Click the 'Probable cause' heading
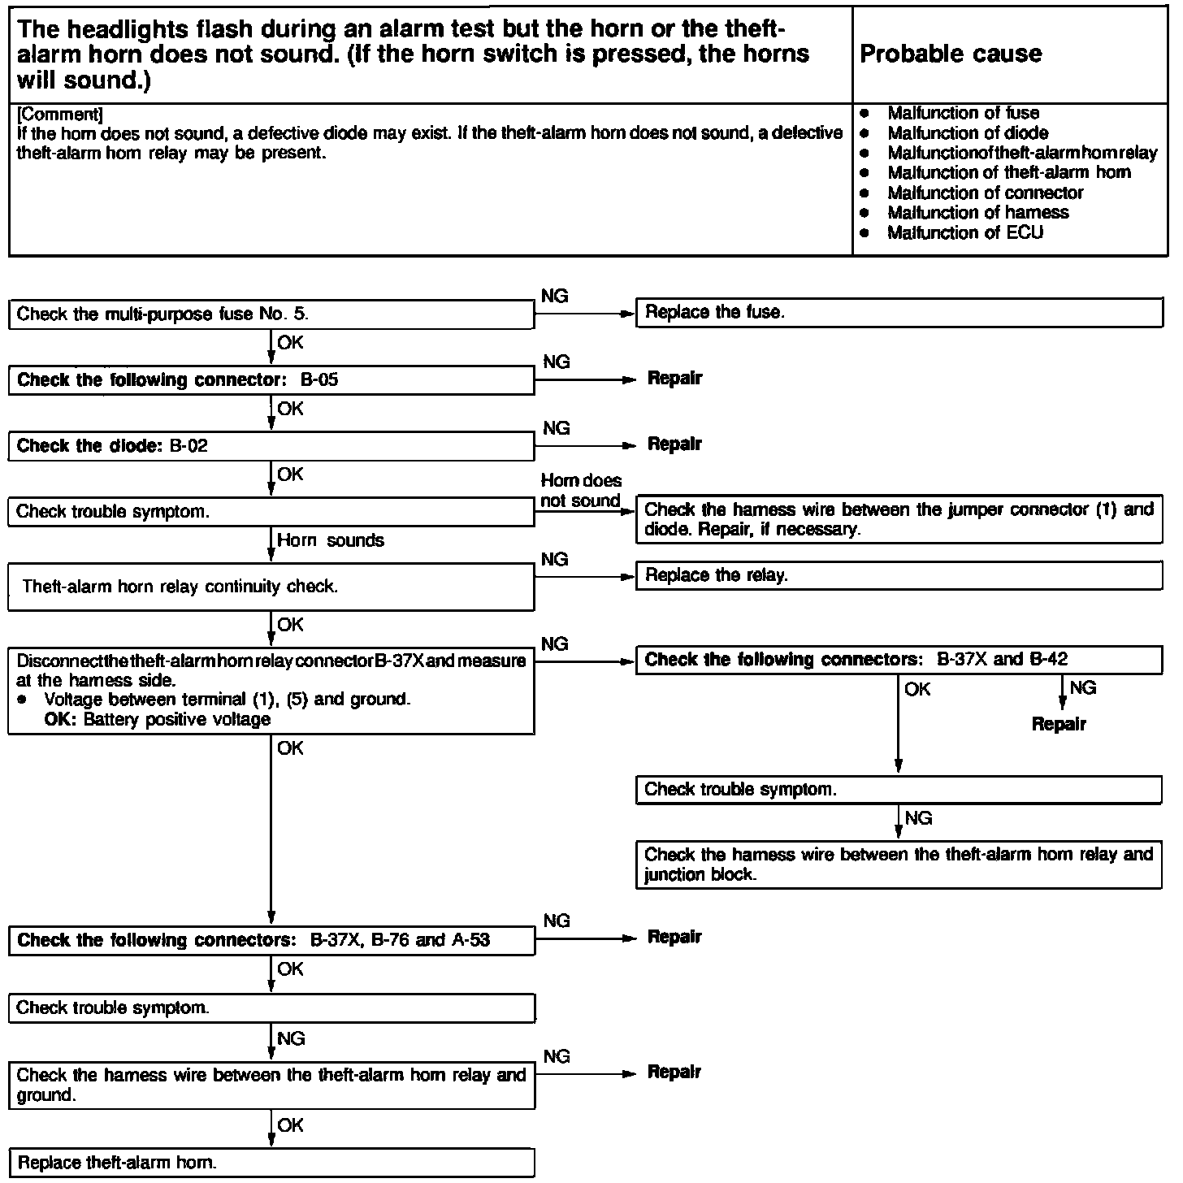(x=950, y=54)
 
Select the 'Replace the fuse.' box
(x=898, y=313)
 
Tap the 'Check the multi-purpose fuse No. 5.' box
(x=271, y=314)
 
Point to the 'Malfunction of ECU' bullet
(x=964, y=233)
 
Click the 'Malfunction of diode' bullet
(x=967, y=133)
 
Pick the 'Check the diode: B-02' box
(x=271, y=446)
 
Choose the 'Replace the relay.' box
(x=898, y=576)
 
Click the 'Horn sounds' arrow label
(x=331, y=541)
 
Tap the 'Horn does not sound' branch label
(x=580, y=491)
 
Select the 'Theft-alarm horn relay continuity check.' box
(x=271, y=587)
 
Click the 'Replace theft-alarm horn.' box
(x=271, y=1163)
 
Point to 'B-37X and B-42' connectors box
(x=898, y=660)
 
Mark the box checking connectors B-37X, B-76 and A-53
(x=271, y=941)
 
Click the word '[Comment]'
(x=59, y=114)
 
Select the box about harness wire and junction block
(x=898, y=864)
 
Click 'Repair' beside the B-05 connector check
(x=674, y=379)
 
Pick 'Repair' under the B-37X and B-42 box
(x=1058, y=724)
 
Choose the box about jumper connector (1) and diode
(x=898, y=520)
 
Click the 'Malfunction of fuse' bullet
(x=963, y=114)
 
